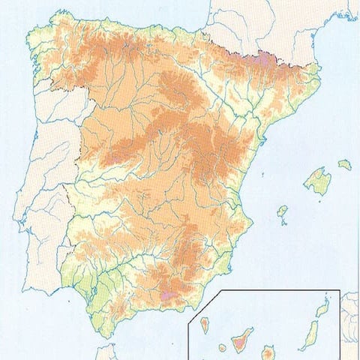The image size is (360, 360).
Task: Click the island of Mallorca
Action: (x=317, y=181)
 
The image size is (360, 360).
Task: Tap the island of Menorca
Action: (x=344, y=164)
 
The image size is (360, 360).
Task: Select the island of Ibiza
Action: (x=282, y=212)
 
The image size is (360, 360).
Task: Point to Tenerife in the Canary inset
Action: (x=241, y=343)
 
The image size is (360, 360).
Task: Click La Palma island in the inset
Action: (x=204, y=325)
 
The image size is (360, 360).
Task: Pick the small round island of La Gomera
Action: (x=223, y=348)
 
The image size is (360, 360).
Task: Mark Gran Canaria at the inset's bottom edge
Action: (x=267, y=352)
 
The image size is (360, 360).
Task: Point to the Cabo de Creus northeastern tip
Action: (x=321, y=69)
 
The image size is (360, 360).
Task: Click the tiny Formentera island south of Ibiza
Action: (x=283, y=223)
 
